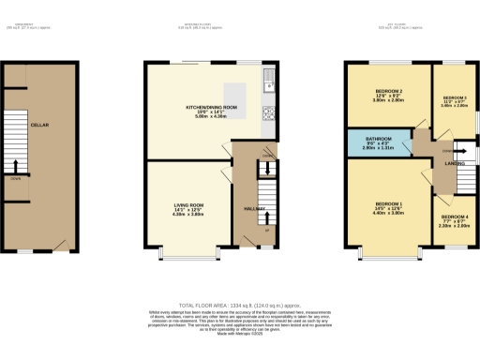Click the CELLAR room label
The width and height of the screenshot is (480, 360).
tap(39, 125)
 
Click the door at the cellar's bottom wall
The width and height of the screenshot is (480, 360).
tap(62, 245)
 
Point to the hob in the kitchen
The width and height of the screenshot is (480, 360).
tap(268, 112)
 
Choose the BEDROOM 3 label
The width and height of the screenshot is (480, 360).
tap(454, 97)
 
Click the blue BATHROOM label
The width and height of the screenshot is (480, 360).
tap(379, 138)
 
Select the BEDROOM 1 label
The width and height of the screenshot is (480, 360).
tap(388, 204)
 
